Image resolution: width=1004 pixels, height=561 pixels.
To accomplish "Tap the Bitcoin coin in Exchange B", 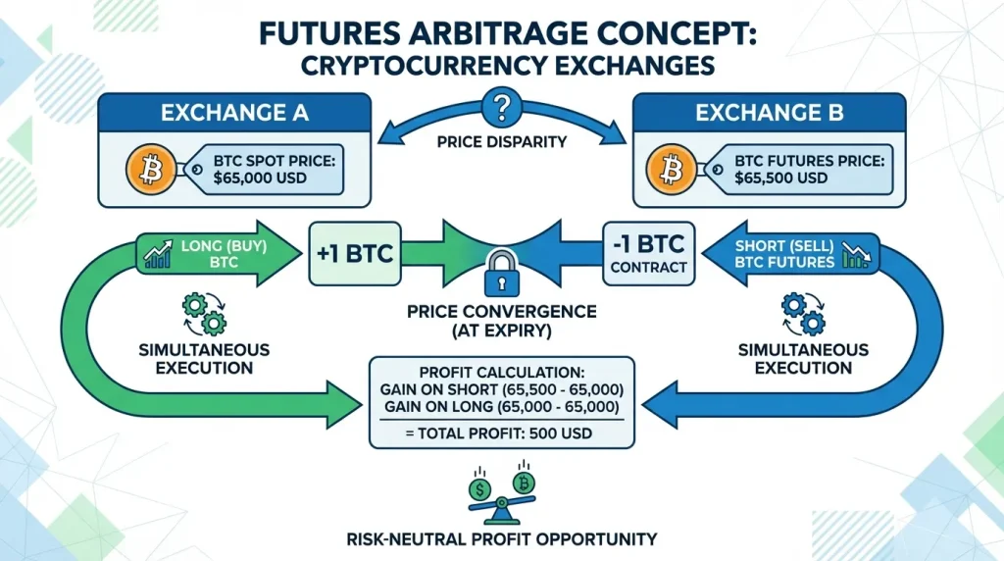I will click(x=672, y=173).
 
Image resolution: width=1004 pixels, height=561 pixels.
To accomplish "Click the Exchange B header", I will click(x=769, y=113).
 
